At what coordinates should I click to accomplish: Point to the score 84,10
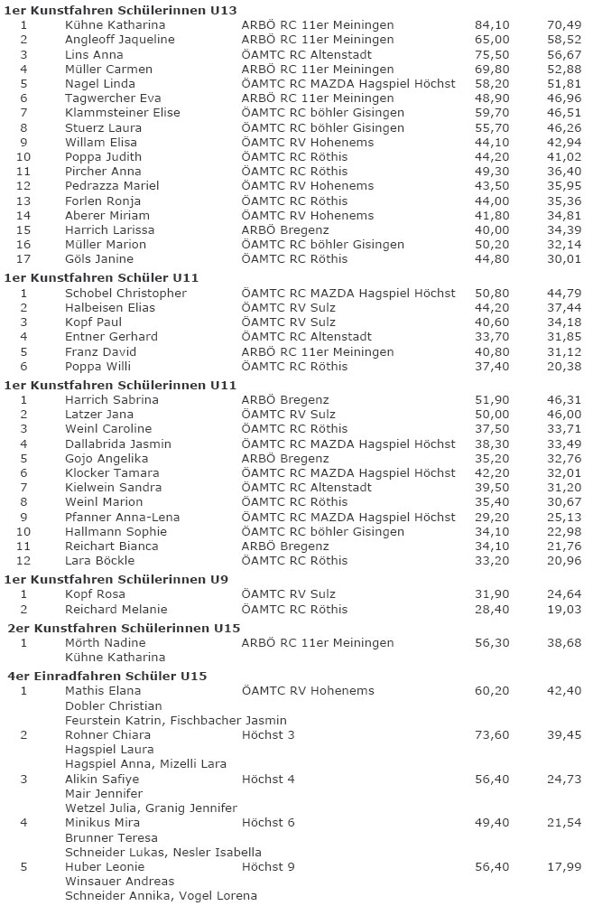pos(492,25)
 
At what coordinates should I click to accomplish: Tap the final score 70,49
pos(564,25)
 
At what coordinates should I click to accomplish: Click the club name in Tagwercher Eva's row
pos(318,98)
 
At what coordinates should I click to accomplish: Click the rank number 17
pos(23,258)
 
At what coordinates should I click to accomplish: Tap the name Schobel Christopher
pos(125,293)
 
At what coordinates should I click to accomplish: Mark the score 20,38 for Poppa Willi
pos(564,366)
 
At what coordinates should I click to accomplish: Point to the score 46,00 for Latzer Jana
pos(564,414)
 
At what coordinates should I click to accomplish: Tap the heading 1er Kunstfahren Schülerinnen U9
pos(116,578)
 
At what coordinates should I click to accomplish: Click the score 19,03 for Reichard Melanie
pos(564,609)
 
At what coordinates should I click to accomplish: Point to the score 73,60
pos(492,734)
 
